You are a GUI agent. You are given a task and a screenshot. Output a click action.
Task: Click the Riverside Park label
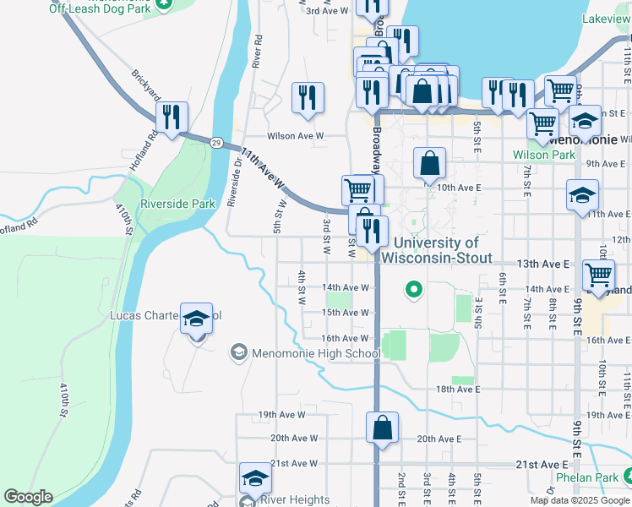pyautogui.click(x=178, y=204)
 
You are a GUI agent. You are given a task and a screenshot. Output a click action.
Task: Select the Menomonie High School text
pyautogui.click(x=315, y=353)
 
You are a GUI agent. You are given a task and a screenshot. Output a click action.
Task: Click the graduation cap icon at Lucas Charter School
pyautogui.click(x=196, y=319)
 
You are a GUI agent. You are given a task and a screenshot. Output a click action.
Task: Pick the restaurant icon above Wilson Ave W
pyautogui.click(x=308, y=97)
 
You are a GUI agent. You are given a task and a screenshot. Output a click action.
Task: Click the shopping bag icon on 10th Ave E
pyautogui.click(x=429, y=163)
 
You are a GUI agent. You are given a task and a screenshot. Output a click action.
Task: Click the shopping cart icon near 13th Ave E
pyautogui.click(x=598, y=275)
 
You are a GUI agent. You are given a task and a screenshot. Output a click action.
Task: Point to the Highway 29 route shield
pyautogui.click(x=217, y=144)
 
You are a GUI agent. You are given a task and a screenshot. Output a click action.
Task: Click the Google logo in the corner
pyautogui.click(x=28, y=497)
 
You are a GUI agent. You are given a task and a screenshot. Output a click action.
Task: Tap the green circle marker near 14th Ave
pyautogui.click(x=413, y=291)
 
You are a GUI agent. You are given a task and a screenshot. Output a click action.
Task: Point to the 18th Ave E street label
pyautogui.click(x=458, y=390)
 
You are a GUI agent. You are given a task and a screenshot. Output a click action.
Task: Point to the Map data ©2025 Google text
pyautogui.click(x=580, y=500)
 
